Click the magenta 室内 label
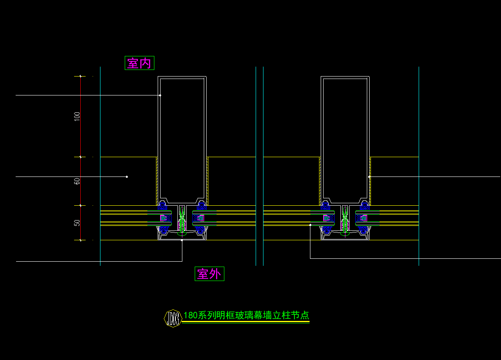click(x=139, y=63)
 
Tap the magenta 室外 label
click(x=209, y=274)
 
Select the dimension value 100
click(x=77, y=116)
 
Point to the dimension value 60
click(x=77, y=181)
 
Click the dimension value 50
click(x=77, y=223)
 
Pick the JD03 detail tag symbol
click(x=173, y=318)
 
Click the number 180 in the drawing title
click(x=191, y=316)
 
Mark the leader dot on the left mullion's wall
click(x=160, y=95)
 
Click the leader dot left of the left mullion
click(x=127, y=177)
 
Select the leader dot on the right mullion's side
click(x=369, y=177)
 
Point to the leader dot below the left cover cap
click(x=182, y=240)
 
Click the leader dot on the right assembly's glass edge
click(x=310, y=225)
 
